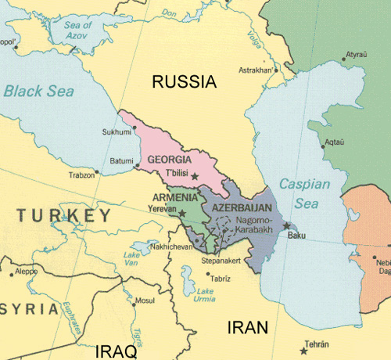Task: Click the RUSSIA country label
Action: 184,81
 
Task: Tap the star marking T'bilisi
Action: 195,178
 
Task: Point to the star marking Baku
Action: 286,226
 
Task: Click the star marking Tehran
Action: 303,351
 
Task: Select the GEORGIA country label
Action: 170,160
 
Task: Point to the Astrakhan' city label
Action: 257,70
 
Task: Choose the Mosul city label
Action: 145,301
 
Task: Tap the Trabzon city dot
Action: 97,171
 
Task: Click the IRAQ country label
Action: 114,351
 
